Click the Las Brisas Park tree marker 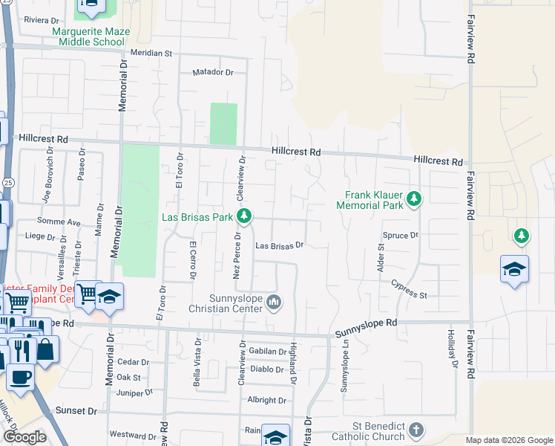(243, 217)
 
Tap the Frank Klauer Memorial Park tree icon (414, 199)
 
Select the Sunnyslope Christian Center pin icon (275, 301)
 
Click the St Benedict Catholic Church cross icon (417, 430)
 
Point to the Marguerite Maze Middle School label (88, 36)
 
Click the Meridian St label (151, 54)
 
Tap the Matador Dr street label (213, 73)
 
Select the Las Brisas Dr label (280, 245)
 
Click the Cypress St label (410, 290)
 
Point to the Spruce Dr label (401, 235)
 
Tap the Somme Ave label (63, 222)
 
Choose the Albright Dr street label (266, 400)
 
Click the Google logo (24, 437)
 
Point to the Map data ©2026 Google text (509, 440)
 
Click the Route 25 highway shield (7, 181)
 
